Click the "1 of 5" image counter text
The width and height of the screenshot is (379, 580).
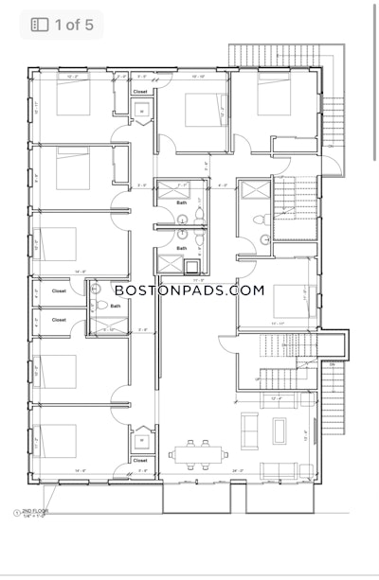click(73, 25)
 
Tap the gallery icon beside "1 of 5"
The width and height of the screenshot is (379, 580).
click(39, 25)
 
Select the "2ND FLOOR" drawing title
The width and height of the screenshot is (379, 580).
click(36, 510)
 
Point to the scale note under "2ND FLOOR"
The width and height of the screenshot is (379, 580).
click(37, 516)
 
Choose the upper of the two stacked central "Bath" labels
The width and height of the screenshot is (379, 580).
click(181, 202)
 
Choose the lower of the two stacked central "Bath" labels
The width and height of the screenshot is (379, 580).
click(181, 248)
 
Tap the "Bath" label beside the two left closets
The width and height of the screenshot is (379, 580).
click(116, 305)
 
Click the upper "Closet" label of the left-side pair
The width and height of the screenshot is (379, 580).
click(59, 292)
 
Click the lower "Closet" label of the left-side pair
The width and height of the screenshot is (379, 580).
click(59, 320)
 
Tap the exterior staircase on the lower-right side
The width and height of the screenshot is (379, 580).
click(333, 388)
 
